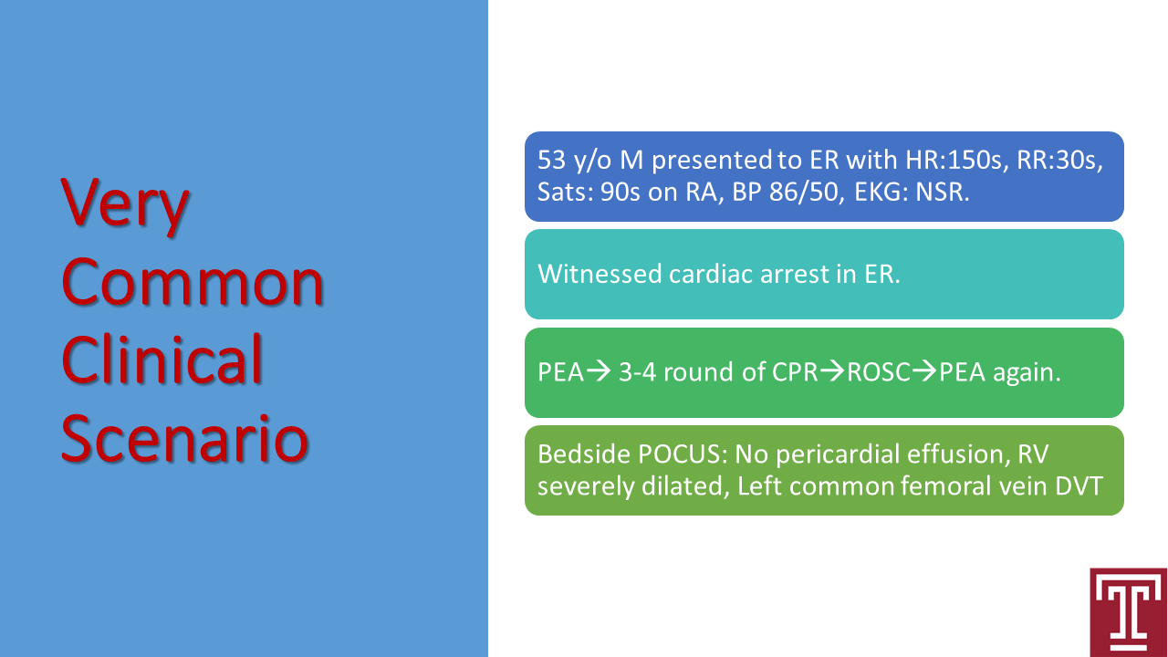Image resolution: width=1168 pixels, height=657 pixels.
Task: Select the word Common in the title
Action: point(193,283)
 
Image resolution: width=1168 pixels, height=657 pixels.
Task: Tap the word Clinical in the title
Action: point(162,359)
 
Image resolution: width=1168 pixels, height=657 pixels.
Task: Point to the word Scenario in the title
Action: point(185,437)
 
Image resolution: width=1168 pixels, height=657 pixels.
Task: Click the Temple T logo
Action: point(1127,612)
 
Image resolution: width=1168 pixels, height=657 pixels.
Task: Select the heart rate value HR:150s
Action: point(954,160)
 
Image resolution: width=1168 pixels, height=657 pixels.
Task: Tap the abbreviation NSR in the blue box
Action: point(942,192)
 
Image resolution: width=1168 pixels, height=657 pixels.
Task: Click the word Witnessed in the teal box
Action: point(600,275)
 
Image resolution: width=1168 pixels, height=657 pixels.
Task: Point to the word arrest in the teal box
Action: point(795,275)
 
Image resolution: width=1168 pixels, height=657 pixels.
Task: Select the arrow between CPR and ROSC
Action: point(832,371)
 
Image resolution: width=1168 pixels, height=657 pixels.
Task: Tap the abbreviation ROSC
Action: point(879,372)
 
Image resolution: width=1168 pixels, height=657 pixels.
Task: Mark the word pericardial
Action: point(838,454)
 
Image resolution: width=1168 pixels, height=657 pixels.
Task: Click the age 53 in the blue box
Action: point(551,160)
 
